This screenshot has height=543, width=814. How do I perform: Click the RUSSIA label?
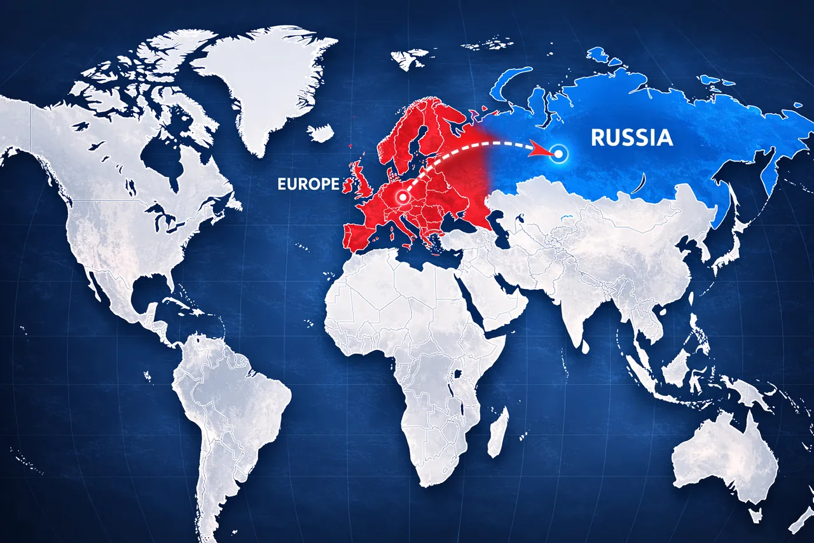tap(631, 138)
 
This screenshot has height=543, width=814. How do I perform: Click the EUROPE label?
tap(308, 184)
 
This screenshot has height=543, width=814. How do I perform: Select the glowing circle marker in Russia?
tap(559, 153)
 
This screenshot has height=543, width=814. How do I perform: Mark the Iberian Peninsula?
tap(359, 236)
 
